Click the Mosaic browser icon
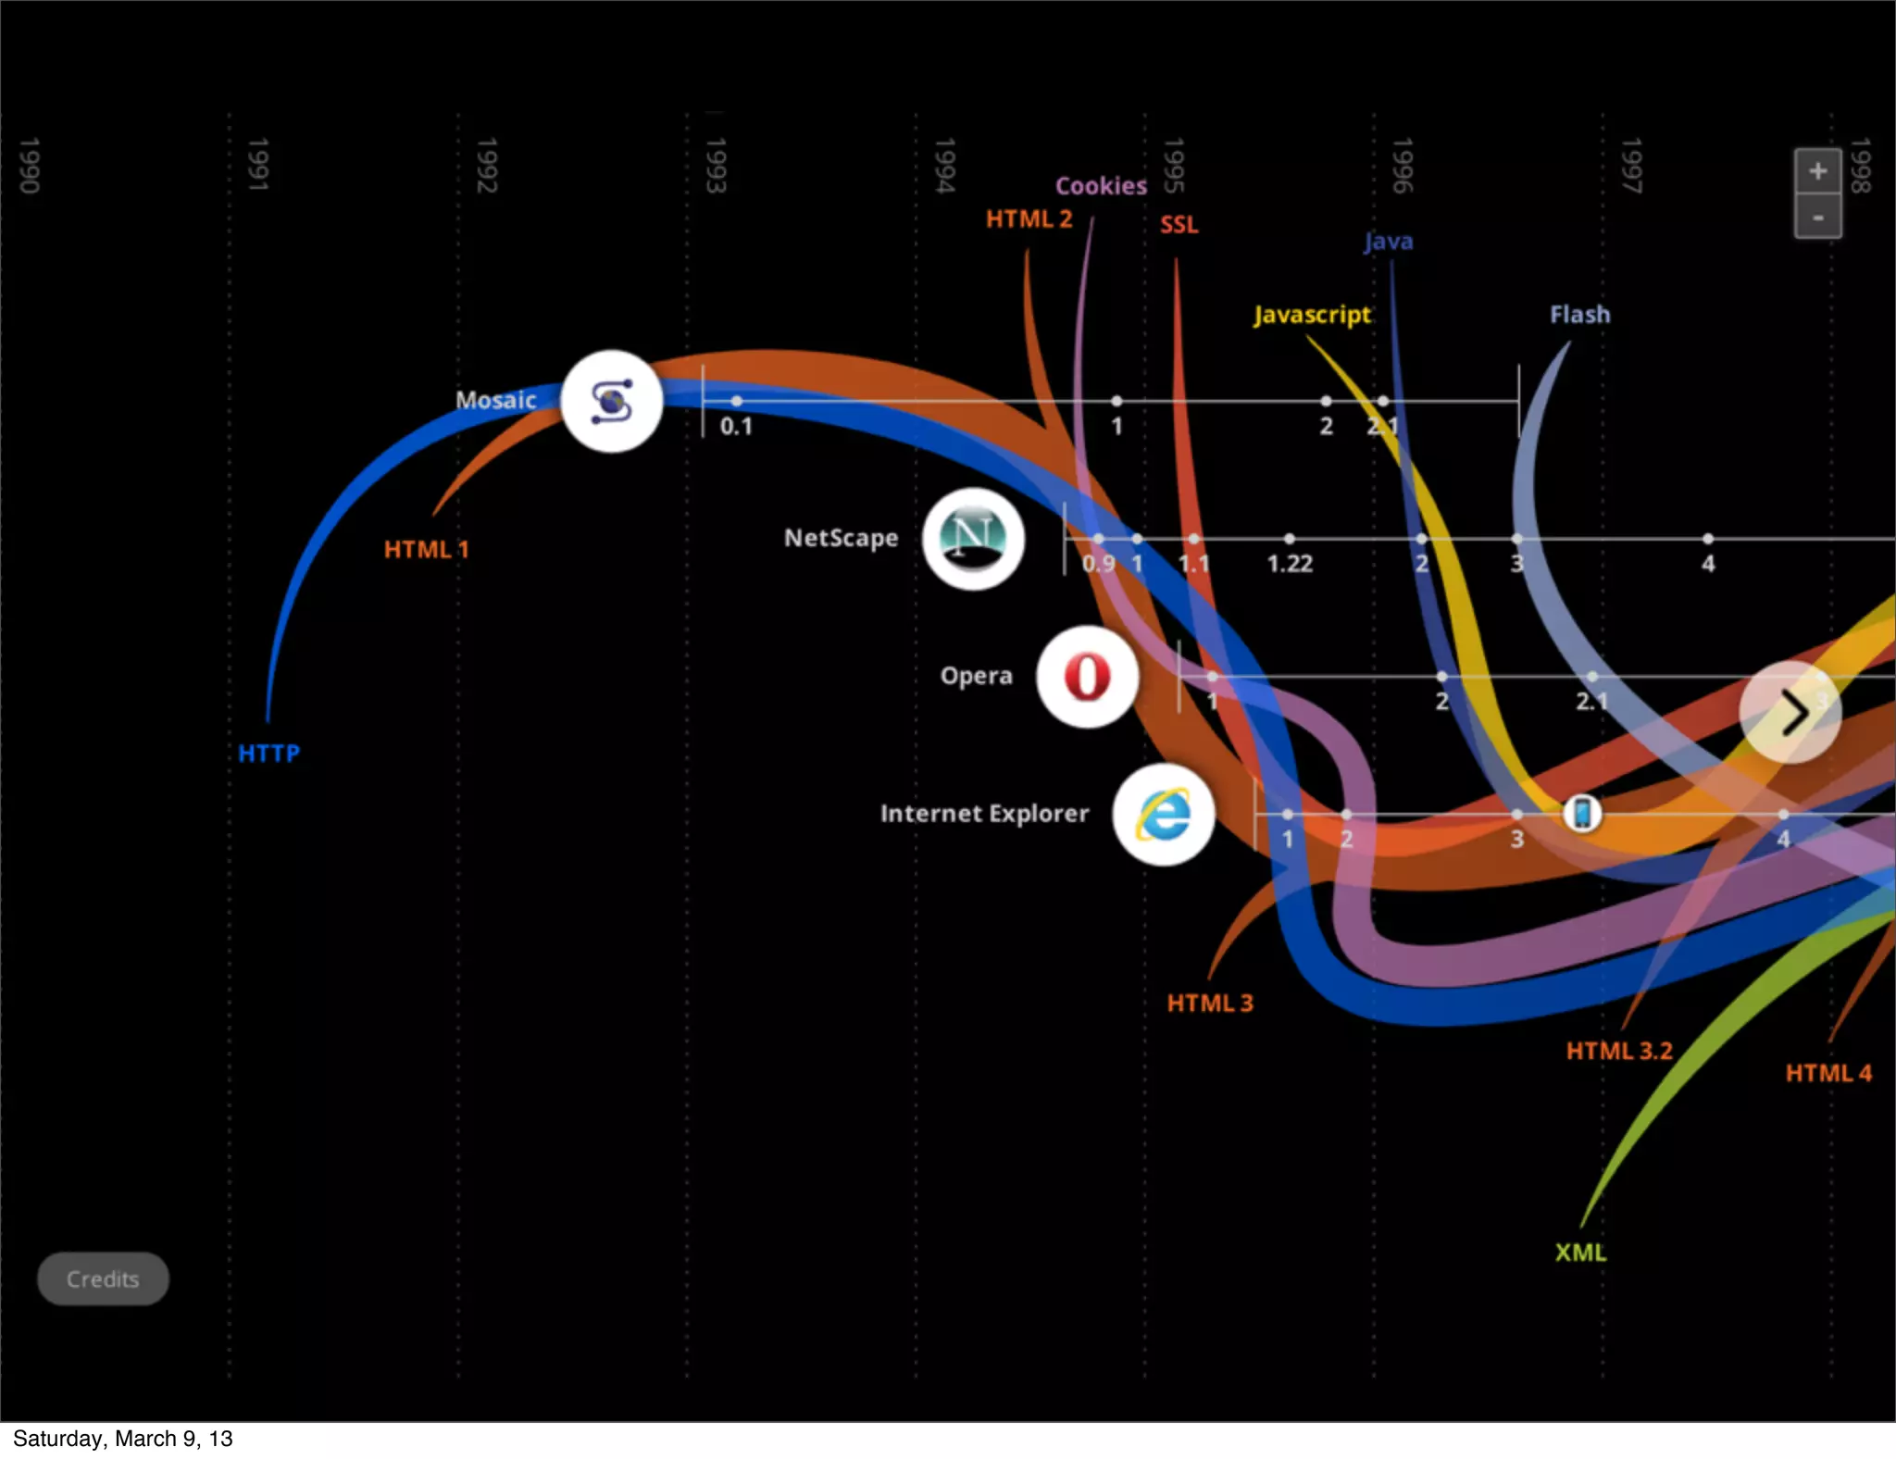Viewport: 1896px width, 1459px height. (611, 401)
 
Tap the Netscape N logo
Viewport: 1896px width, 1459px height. (973, 538)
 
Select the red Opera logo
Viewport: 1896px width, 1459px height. (1087, 676)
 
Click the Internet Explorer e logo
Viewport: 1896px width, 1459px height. (1164, 815)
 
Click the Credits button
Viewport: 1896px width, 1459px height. (103, 1278)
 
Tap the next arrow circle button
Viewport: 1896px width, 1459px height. (1790, 712)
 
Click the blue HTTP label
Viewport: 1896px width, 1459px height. (268, 754)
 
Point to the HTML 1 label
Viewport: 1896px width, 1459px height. (426, 549)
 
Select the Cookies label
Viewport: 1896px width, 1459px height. (1101, 186)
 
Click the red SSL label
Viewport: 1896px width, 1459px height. (1179, 225)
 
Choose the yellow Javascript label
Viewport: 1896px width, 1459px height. (1312, 315)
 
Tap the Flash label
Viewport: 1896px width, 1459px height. (1579, 315)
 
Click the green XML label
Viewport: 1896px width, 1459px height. (1580, 1253)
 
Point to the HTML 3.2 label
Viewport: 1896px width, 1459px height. (1619, 1051)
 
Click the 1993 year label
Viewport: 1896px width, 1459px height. (715, 166)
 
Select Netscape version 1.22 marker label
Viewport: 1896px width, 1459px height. (1290, 564)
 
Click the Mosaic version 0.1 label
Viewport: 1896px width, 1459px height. (736, 427)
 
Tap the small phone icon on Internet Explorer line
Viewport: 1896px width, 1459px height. (1582, 814)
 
